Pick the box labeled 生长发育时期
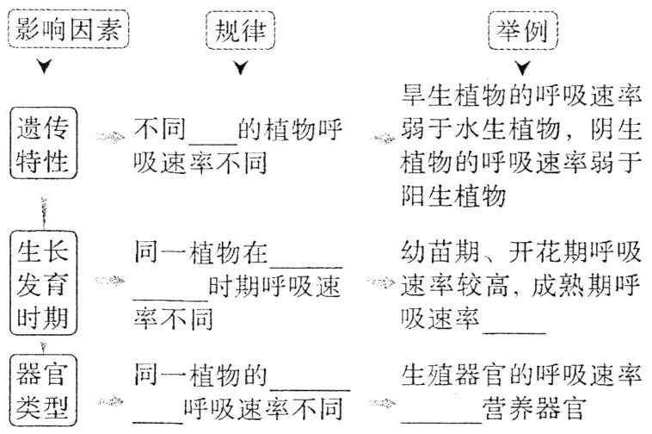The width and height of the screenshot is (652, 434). (x=43, y=282)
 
